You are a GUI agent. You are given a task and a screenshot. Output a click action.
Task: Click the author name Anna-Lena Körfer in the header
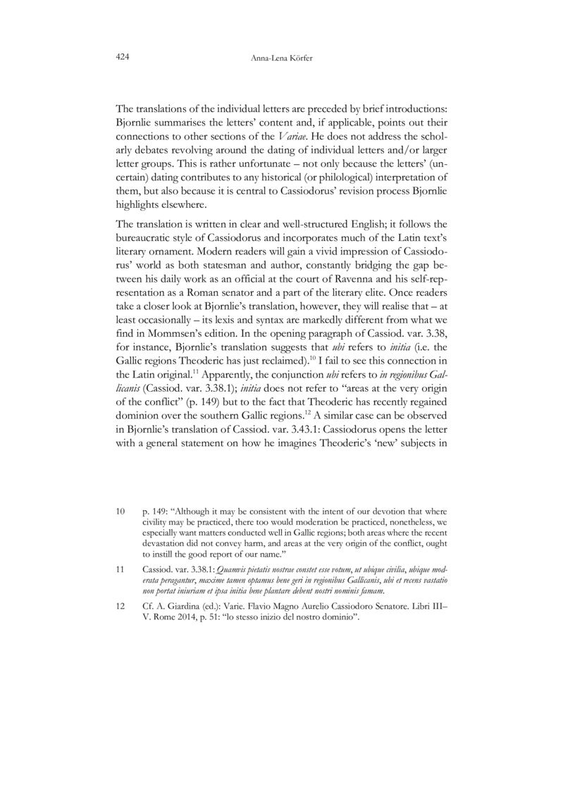281,57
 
